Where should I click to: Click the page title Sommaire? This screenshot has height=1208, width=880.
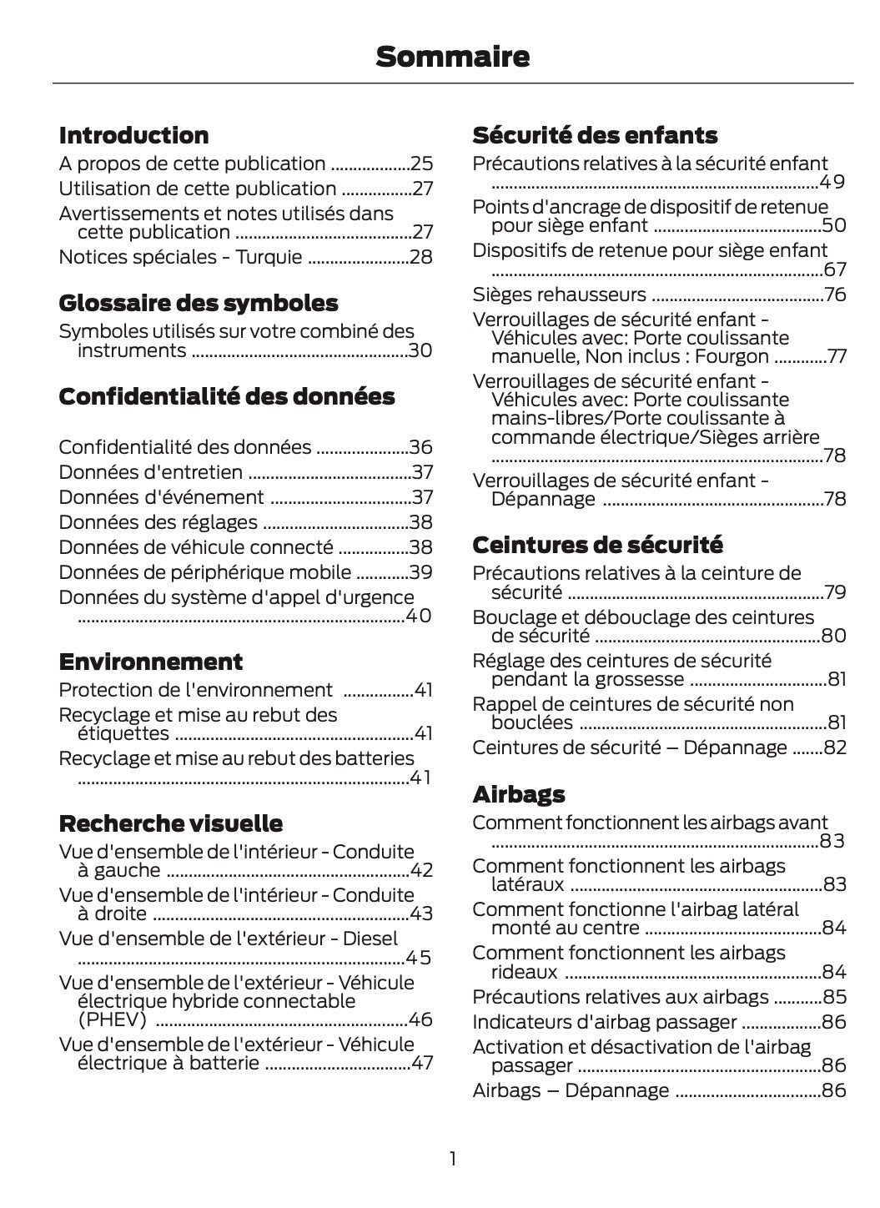click(x=452, y=57)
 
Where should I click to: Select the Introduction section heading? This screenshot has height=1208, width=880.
click(x=133, y=135)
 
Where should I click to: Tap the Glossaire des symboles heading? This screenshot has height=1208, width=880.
click(x=199, y=303)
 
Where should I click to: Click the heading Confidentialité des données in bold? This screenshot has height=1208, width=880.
click(x=227, y=396)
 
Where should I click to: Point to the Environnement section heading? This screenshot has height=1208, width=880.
click(x=151, y=662)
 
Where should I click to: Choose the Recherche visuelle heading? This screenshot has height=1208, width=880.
click(x=171, y=823)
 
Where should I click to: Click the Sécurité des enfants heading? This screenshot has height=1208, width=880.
click(x=595, y=135)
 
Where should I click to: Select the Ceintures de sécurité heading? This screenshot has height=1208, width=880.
click(x=597, y=545)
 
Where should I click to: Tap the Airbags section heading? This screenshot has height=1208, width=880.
click(x=519, y=794)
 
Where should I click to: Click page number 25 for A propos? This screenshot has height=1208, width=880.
click(x=421, y=164)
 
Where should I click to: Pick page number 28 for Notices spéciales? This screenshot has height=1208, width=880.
click(x=421, y=257)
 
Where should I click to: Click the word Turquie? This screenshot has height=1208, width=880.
click(x=269, y=257)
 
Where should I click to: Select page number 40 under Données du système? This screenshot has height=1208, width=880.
click(x=418, y=617)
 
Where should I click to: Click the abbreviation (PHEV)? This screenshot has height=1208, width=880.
click(x=112, y=1019)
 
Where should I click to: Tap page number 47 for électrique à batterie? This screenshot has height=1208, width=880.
click(x=421, y=1063)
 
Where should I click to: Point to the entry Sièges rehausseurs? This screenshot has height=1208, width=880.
click(x=559, y=294)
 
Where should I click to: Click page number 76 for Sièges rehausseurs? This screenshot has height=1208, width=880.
click(x=835, y=294)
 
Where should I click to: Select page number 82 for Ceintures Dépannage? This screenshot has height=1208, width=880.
click(x=835, y=747)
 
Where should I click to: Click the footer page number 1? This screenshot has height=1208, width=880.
click(x=452, y=1159)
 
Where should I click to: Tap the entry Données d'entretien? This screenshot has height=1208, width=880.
click(x=150, y=472)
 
